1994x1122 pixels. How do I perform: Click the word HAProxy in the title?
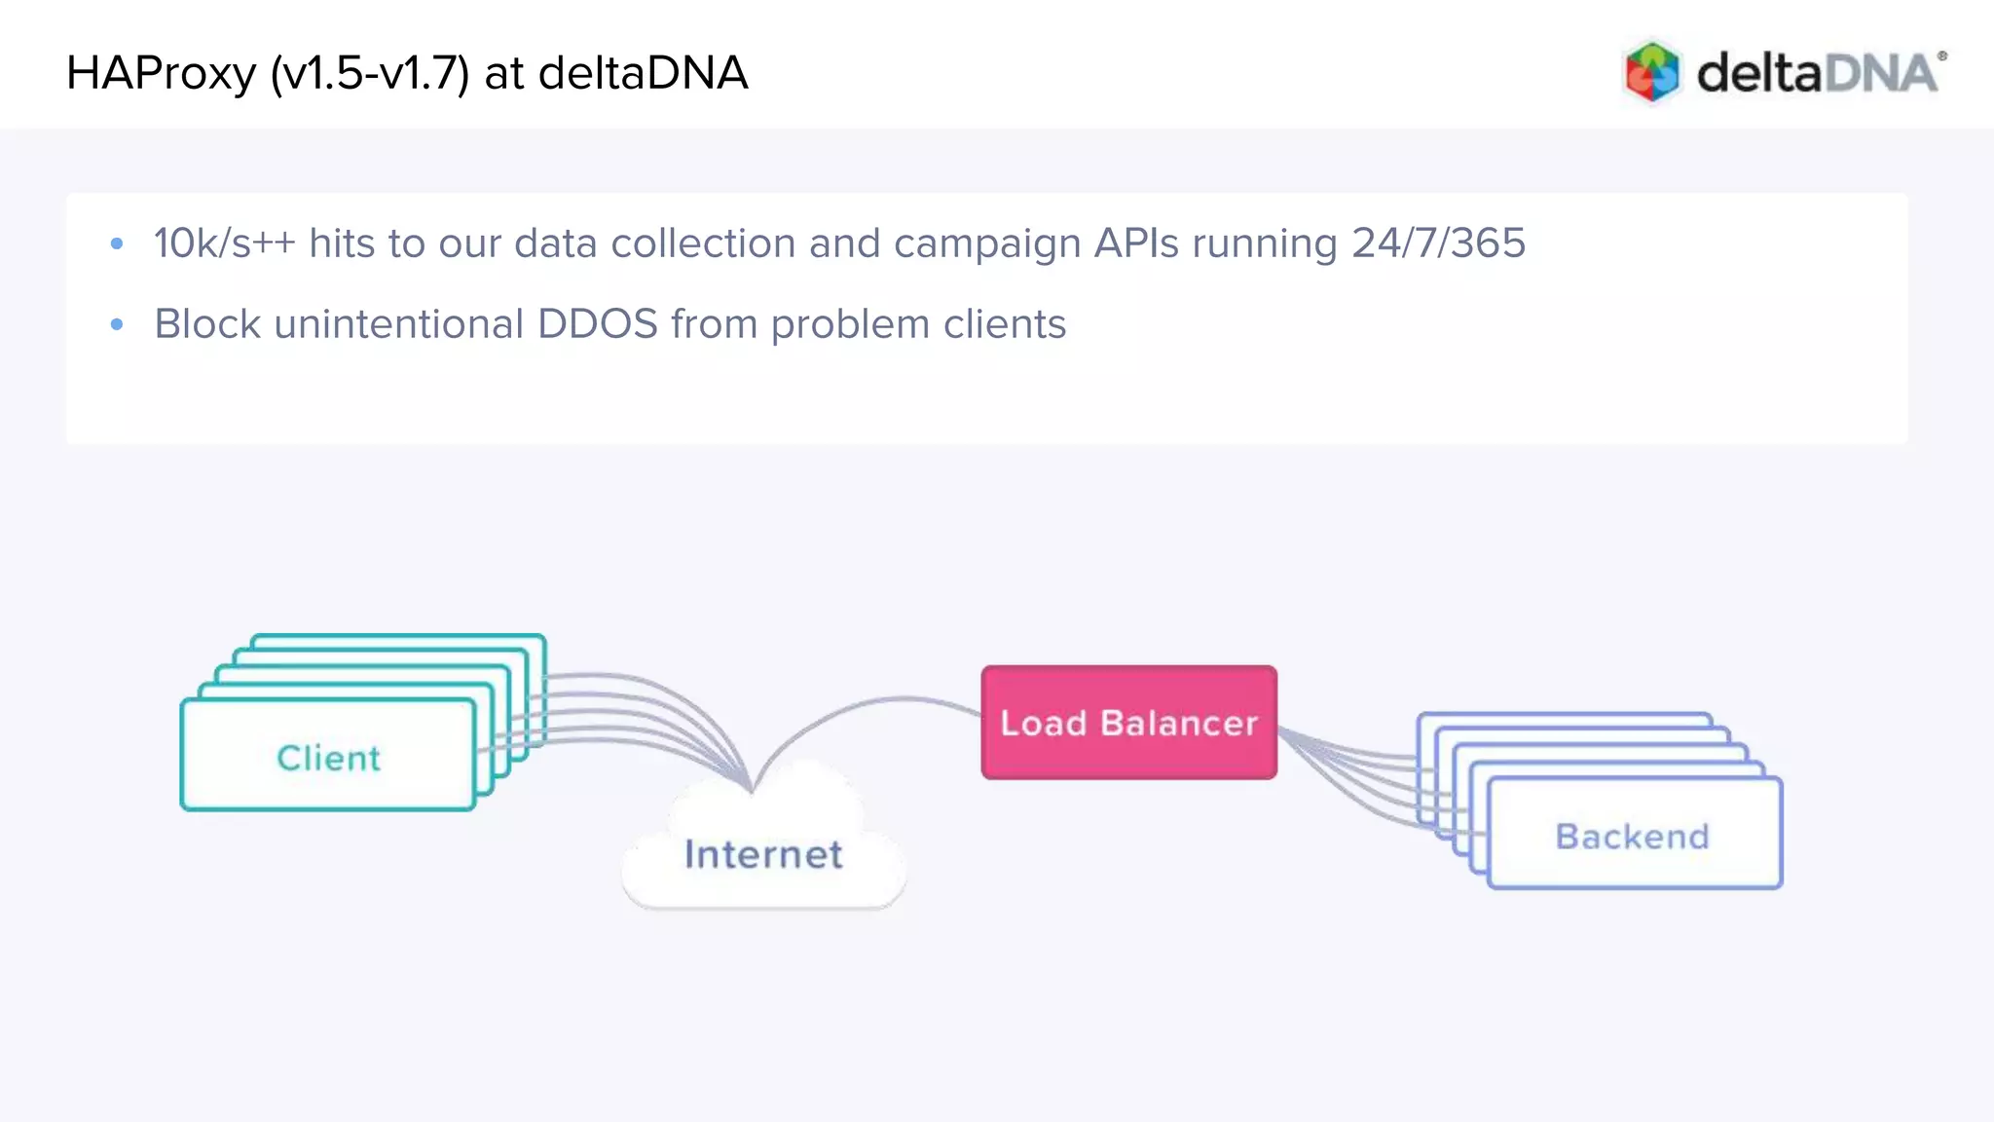(x=161, y=74)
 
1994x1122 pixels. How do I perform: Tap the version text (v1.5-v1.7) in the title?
(x=370, y=74)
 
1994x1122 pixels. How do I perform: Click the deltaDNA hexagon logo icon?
(x=1652, y=71)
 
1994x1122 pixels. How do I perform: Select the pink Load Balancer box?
(x=1128, y=723)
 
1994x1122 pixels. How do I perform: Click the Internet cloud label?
(x=763, y=855)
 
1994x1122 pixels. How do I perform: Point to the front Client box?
(x=328, y=758)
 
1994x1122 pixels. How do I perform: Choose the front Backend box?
(x=1633, y=836)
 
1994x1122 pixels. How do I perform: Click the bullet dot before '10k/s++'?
(x=117, y=243)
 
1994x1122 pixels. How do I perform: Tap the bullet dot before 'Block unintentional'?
(x=117, y=324)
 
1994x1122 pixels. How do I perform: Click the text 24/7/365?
(x=1438, y=243)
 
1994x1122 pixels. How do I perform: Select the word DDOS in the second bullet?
(x=597, y=324)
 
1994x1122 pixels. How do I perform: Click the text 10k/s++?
(x=224, y=243)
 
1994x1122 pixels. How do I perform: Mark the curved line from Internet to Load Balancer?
(x=876, y=703)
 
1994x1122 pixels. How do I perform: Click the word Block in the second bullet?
(x=207, y=324)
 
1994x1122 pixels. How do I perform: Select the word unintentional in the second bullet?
(x=399, y=324)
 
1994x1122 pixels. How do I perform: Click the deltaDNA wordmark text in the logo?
(x=1817, y=74)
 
